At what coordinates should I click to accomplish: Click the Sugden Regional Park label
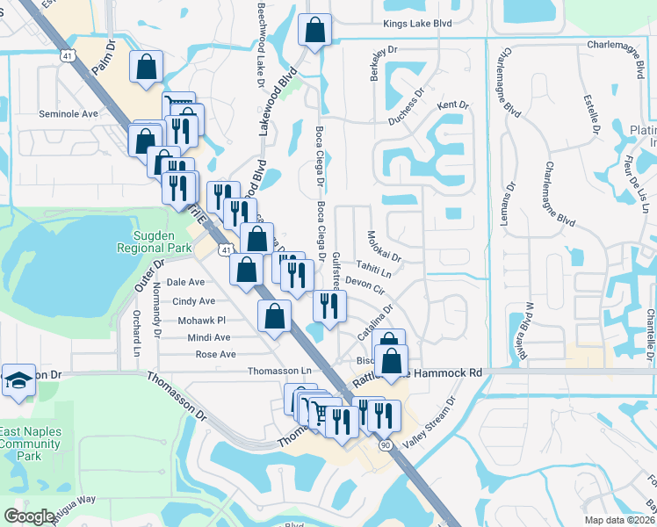pos(155,242)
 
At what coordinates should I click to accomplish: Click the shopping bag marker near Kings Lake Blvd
pos(314,31)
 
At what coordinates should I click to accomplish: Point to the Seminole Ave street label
pos(68,114)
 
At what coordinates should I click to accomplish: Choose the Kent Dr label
pos(452,105)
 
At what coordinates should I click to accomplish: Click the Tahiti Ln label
pos(373,267)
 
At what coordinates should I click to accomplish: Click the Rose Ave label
pos(215,354)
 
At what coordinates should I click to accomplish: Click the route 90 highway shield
pos(386,445)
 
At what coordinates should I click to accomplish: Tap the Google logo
pos(30,516)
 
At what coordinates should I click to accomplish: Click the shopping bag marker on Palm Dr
pos(146,67)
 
